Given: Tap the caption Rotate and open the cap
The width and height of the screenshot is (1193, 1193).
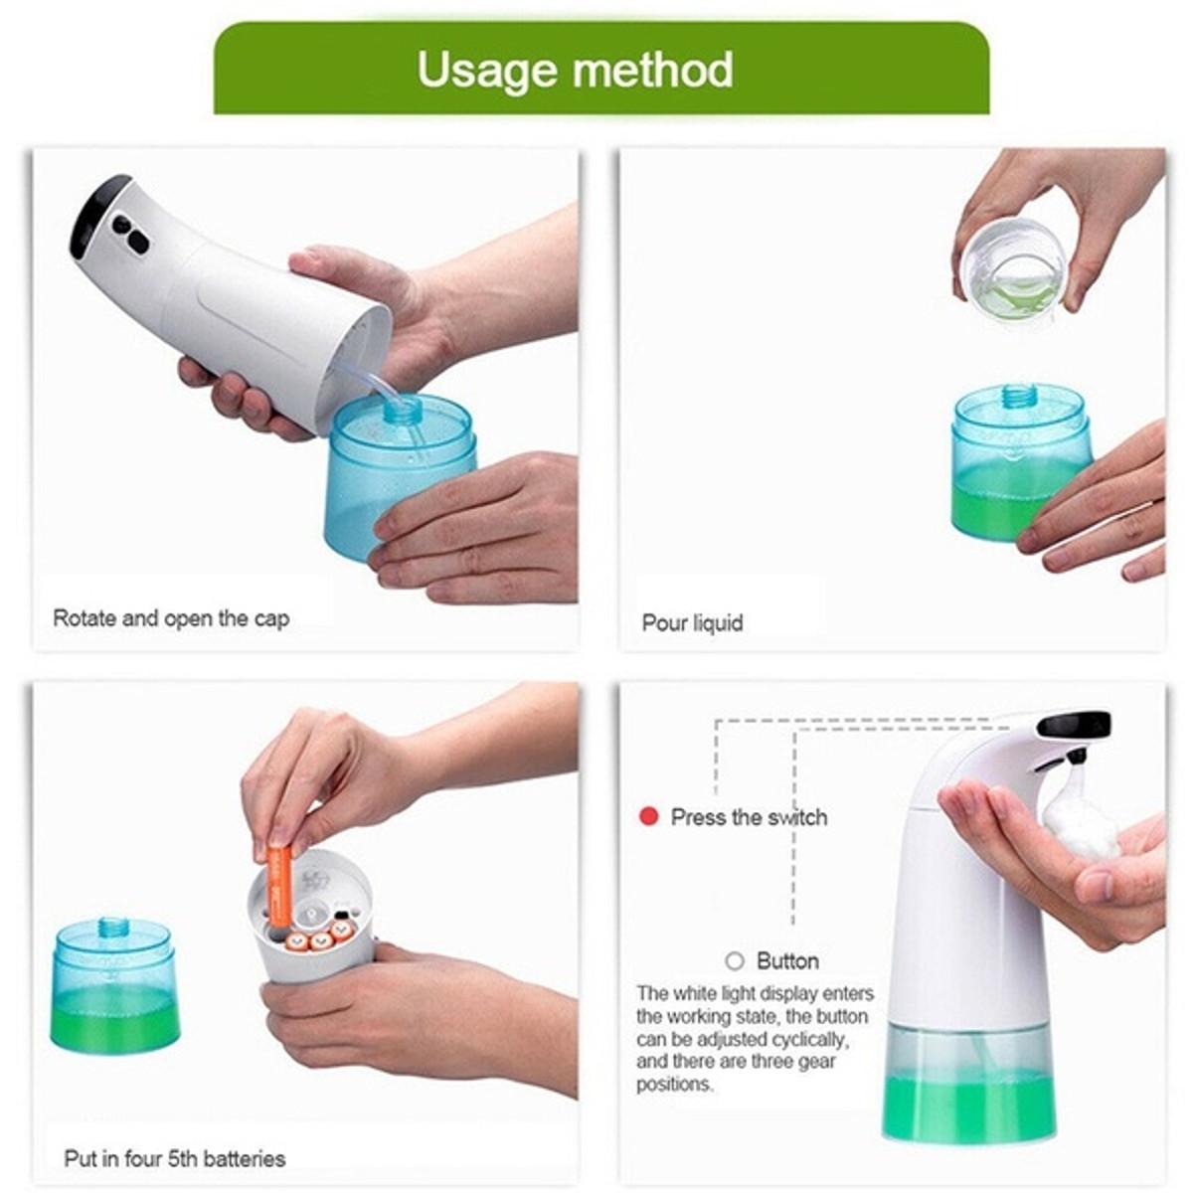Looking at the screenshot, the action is click(x=171, y=618).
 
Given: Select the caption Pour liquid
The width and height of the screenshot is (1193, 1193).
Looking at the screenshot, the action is click(x=692, y=622).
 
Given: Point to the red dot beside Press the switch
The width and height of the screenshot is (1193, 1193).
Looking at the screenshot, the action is click(x=648, y=816).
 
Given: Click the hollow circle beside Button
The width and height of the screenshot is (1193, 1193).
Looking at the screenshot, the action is click(x=735, y=961).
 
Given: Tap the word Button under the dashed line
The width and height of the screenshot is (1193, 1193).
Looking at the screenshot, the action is click(x=787, y=961).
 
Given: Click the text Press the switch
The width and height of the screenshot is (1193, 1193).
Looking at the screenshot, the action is click(x=750, y=817).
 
